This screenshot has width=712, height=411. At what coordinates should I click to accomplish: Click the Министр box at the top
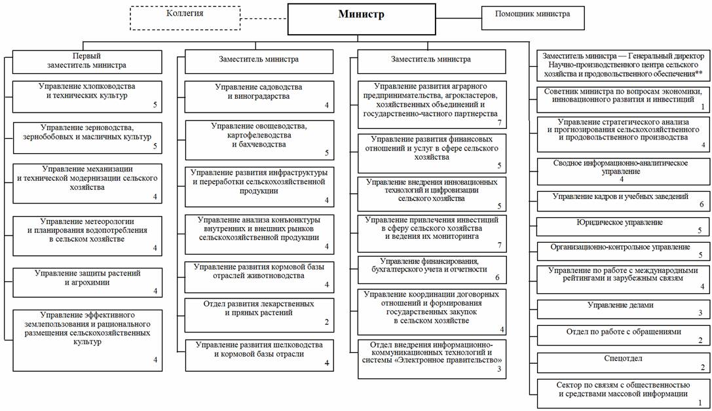[x=362, y=19]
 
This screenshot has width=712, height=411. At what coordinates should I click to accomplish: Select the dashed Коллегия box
[x=185, y=18]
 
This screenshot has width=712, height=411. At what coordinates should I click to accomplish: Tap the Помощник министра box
[x=533, y=18]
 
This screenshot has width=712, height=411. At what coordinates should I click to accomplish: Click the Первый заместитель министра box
[x=86, y=62]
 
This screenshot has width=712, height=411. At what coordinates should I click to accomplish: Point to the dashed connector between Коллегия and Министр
[x=264, y=18]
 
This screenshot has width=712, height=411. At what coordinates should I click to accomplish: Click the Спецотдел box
[x=624, y=363]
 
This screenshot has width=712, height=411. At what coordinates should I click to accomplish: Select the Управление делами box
[x=624, y=309]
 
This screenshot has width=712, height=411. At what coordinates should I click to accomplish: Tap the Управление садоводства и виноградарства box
[x=259, y=97]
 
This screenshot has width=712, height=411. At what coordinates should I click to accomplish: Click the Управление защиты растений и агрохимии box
[x=87, y=283]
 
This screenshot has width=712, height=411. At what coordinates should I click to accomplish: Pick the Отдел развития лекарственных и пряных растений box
[x=259, y=315]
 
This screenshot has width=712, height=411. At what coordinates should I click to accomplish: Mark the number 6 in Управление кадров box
[x=702, y=205]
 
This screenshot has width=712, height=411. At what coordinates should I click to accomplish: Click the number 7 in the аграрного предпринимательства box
[x=500, y=122]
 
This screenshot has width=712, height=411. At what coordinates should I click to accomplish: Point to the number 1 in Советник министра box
[x=703, y=107]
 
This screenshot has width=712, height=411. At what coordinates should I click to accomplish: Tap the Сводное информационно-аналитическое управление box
[x=624, y=171]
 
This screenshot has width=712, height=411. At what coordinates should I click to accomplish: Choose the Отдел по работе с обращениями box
[x=624, y=336]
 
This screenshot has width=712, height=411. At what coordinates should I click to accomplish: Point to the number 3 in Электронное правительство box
[x=499, y=369]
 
